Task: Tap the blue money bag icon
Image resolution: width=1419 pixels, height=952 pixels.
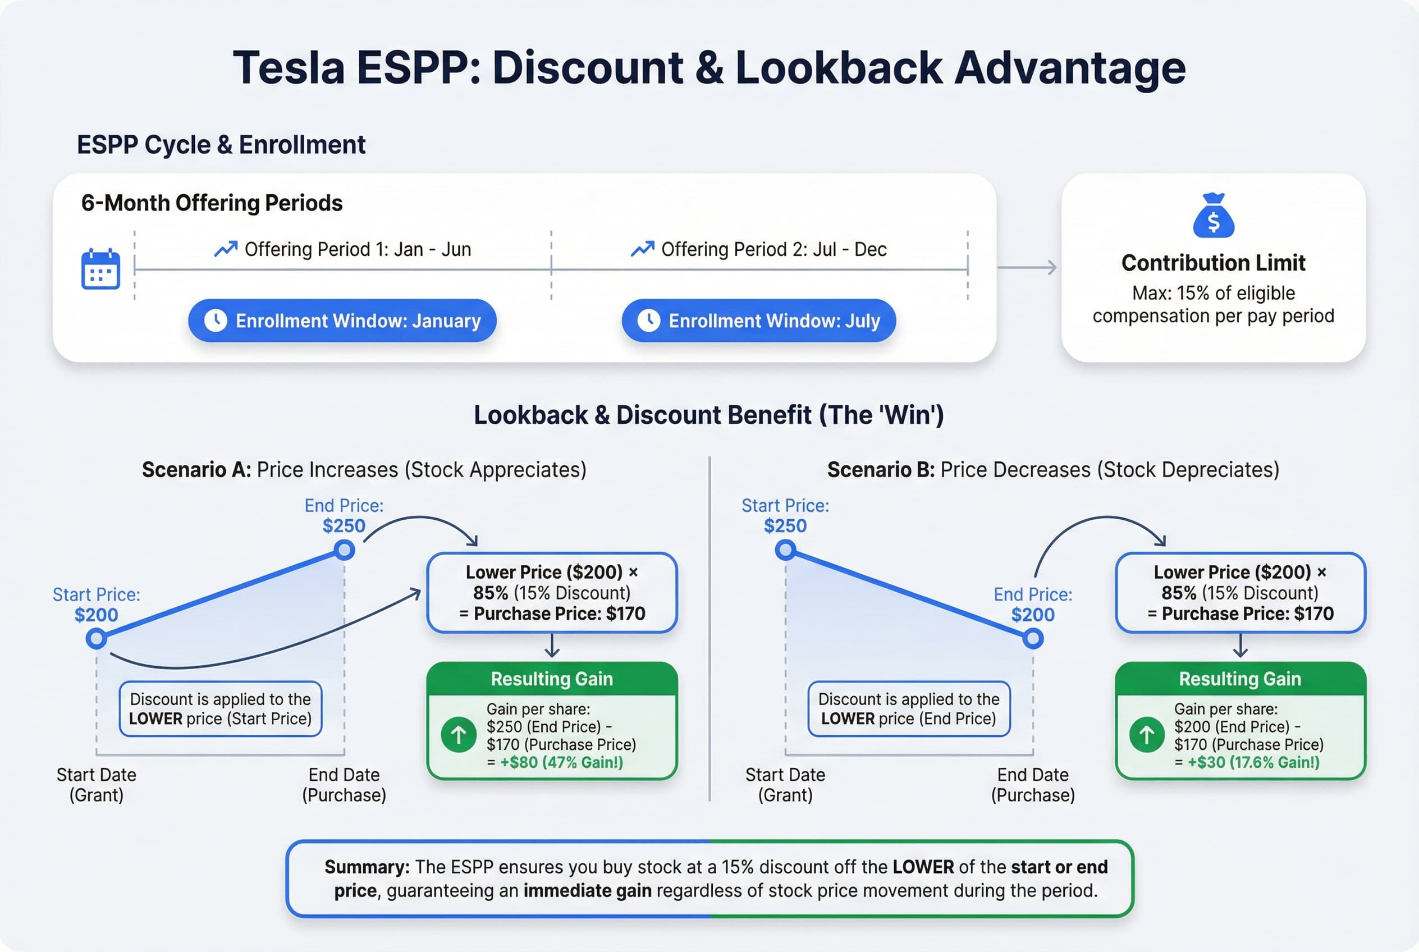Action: pyautogui.click(x=1213, y=216)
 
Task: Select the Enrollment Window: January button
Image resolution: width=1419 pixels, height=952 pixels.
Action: pyautogui.click(x=342, y=321)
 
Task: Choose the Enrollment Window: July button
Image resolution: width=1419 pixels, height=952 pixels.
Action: pyautogui.click(x=758, y=321)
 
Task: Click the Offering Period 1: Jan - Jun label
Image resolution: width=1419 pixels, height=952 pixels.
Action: pyautogui.click(x=357, y=250)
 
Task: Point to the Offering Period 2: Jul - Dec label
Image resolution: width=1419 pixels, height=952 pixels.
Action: pyautogui.click(x=773, y=250)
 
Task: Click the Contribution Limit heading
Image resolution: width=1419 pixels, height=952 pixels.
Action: pyautogui.click(x=1213, y=263)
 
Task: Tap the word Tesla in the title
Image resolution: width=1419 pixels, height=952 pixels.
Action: pyautogui.click(x=289, y=67)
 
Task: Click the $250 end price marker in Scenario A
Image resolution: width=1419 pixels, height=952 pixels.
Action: pyautogui.click(x=344, y=550)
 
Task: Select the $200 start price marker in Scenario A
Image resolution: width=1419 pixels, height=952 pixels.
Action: pyautogui.click(x=96, y=639)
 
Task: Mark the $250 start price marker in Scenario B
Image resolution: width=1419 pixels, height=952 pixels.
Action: pyautogui.click(x=785, y=550)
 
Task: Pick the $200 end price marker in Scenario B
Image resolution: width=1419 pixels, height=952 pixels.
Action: pyautogui.click(x=1033, y=639)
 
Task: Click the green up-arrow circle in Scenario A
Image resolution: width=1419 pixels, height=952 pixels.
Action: pyautogui.click(x=459, y=735)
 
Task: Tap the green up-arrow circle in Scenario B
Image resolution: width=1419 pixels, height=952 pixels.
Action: pyautogui.click(x=1146, y=735)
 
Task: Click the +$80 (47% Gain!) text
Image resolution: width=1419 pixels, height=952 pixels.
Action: pyautogui.click(x=561, y=763)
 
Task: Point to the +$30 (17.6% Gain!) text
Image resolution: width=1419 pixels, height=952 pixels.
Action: pyautogui.click(x=1253, y=763)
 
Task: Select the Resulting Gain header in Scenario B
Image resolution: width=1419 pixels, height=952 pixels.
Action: pyautogui.click(x=1240, y=679)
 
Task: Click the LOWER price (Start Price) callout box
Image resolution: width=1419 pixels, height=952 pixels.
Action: pyautogui.click(x=221, y=709)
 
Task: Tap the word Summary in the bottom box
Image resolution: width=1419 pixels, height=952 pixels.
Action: pyautogui.click(x=367, y=867)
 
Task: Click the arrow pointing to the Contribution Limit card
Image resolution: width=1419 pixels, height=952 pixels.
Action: pyautogui.click(x=1027, y=267)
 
